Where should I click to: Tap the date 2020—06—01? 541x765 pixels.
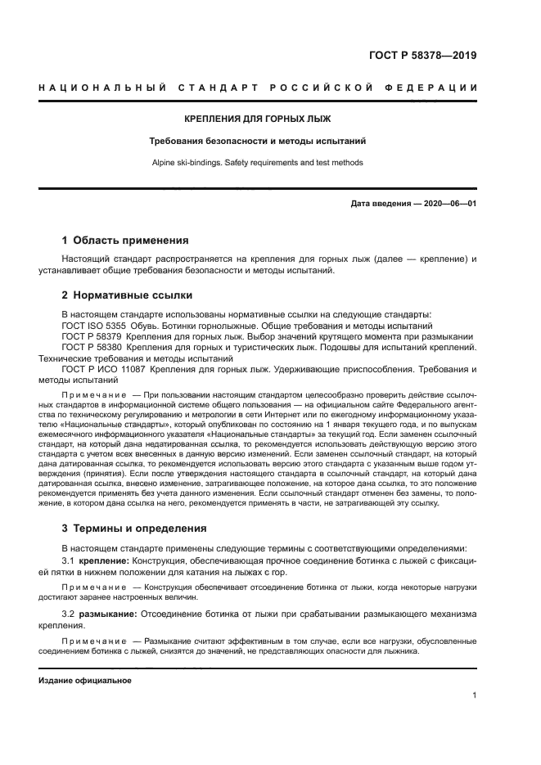click(449, 203)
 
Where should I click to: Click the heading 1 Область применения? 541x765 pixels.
click(125, 241)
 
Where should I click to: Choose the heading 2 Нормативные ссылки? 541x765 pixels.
click(127, 295)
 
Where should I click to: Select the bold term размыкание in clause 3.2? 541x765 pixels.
click(108, 613)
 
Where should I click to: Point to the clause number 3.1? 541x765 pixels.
click(69, 562)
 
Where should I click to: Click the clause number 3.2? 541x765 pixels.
click(69, 613)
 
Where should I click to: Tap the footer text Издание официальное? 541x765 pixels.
click(85, 681)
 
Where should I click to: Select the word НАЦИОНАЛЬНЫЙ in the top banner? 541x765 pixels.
click(99, 88)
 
